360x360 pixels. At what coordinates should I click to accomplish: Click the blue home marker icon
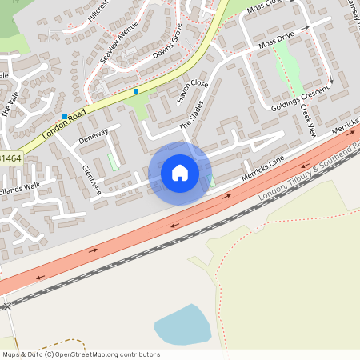pyautogui.click(x=180, y=173)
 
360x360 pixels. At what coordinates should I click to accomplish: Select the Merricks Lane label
pyautogui.click(x=262, y=170)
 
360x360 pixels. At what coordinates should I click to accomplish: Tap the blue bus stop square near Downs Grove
pyautogui.click(x=136, y=91)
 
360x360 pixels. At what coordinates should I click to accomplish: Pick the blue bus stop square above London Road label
pyautogui.click(x=65, y=117)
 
